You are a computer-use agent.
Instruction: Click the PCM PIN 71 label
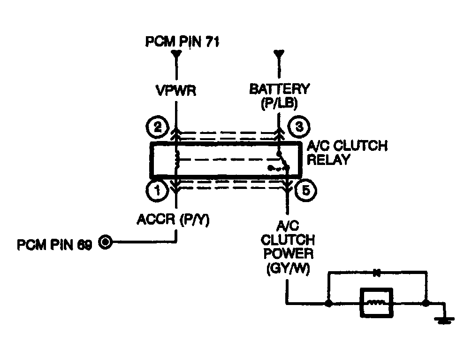point(183,42)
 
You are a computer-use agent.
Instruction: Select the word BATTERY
point(279,89)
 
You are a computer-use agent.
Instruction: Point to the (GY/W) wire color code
point(286,270)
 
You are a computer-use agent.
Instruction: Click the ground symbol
point(443,321)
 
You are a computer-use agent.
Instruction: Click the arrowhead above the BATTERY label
point(279,54)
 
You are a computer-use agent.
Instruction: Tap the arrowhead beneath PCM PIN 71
point(177,54)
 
